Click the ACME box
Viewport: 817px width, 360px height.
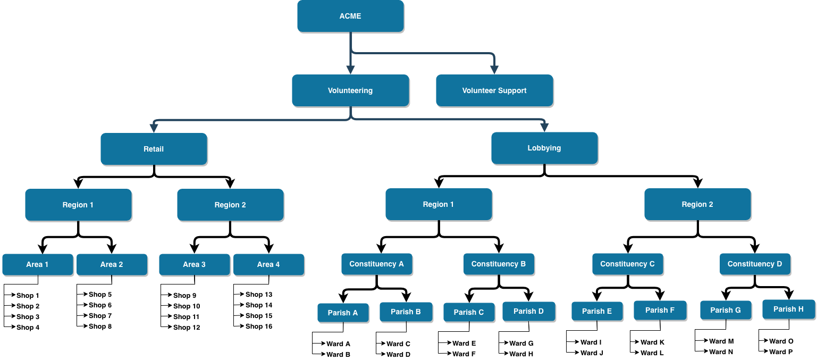[350, 16]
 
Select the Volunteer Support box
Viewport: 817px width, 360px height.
[494, 90]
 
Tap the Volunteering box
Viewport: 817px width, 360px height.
[350, 90]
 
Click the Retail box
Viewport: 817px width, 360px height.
[154, 149]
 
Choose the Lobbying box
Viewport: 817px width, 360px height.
[544, 148]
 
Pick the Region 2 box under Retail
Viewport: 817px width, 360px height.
[230, 205]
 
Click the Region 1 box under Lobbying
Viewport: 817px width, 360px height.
[439, 204]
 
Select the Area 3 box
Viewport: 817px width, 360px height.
[194, 264]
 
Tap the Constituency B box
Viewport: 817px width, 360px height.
[499, 264]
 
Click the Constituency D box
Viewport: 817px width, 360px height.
[755, 264]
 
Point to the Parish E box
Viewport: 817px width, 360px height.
[597, 311]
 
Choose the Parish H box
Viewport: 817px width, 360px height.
[788, 309]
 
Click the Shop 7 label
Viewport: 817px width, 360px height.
[100, 316]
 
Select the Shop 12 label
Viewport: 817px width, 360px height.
[187, 328]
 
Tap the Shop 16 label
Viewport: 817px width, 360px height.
[259, 326]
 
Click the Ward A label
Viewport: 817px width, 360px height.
[338, 344]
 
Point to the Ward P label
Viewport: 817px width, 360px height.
[781, 352]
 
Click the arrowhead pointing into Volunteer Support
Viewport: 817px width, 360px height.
[494, 70]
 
